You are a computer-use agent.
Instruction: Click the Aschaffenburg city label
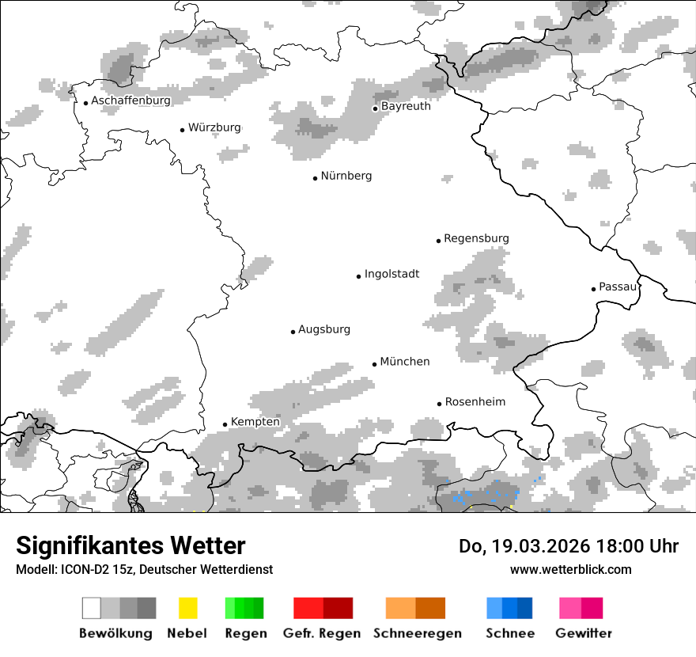(130, 101)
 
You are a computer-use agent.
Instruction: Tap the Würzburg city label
(214, 127)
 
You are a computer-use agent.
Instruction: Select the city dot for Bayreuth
(376, 108)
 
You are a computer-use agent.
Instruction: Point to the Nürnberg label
(346, 176)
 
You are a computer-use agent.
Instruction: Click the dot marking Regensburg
(438, 241)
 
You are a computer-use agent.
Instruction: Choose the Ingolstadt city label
(391, 274)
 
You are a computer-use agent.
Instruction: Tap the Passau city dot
(593, 289)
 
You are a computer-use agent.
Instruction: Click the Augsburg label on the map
(323, 329)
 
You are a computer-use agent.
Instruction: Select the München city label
(405, 362)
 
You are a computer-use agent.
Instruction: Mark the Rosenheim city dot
(439, 404)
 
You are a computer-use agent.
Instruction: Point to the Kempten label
(255, 422)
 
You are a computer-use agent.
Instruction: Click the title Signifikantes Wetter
(130, 546)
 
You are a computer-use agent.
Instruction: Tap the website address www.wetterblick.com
(570, 569)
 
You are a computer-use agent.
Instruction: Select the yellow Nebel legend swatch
(187, 608)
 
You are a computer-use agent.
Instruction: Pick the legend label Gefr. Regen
(322, 633)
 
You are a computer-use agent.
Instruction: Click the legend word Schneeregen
(417, 633)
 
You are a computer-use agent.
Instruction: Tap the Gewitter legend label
(584, 633)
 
